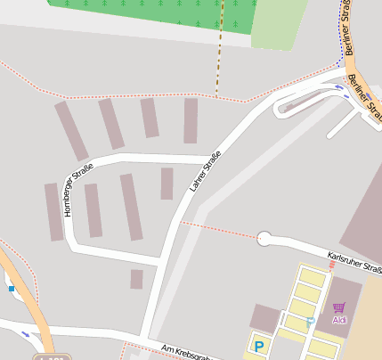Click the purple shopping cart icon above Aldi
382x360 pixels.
pos(338,307)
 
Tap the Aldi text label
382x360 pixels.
pos(339,319)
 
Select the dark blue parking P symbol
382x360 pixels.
pos(259,346)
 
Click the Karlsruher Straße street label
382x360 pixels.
pos(354,262)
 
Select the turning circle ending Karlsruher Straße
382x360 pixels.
pos(264,238)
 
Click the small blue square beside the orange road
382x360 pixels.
pos(11,288)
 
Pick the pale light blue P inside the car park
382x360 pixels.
pos(310,322)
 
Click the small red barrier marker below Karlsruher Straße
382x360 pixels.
pos(332,265)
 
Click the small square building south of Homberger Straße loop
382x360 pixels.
pos(136,279)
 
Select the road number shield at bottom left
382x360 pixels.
pos(53,356)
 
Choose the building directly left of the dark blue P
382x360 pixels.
pos(265,318)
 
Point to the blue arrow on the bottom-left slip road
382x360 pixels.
pos(24,334)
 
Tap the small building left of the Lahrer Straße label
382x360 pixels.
pos(167,184)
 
